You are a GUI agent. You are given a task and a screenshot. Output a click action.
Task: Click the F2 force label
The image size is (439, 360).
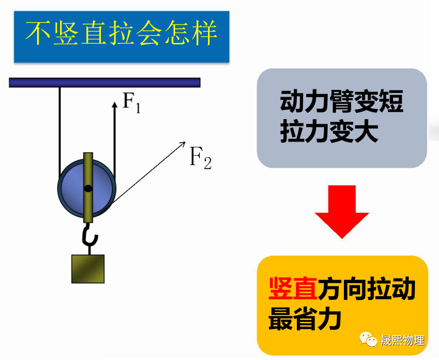(200, 157)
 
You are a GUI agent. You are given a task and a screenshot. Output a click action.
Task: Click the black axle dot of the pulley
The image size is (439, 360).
(88, 188)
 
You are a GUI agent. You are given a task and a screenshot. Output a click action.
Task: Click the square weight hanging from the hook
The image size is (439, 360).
(88, 269)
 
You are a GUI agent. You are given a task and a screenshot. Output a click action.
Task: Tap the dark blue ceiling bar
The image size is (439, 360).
(105, 82)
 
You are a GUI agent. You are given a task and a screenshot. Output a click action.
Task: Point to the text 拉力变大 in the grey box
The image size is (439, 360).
(328, 133)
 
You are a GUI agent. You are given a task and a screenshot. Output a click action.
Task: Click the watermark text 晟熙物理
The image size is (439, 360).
(403, 340)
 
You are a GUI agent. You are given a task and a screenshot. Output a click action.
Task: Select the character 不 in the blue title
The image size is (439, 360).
(38, 34)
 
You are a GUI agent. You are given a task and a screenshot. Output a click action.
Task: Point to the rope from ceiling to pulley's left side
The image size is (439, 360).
(60, 125)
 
